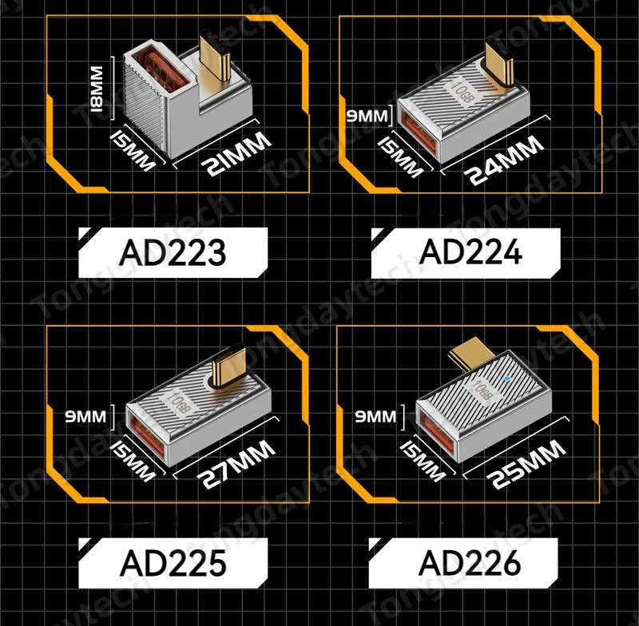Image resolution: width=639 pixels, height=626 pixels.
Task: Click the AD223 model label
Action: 173,252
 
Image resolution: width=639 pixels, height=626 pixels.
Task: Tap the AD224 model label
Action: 470,252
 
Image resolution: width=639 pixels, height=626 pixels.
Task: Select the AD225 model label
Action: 173,562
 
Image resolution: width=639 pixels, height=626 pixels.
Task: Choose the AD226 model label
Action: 469,562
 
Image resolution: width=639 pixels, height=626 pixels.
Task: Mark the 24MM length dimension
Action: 505,160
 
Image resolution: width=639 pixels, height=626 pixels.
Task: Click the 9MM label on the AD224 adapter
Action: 366,117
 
